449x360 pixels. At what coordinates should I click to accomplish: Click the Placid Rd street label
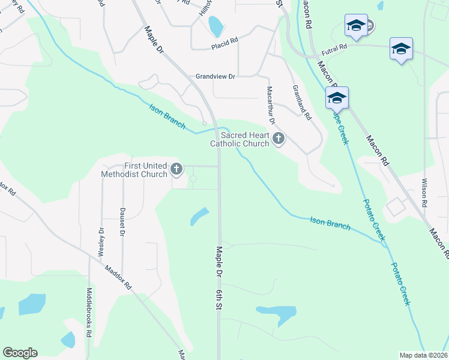224,46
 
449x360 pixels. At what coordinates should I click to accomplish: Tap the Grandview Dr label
215,76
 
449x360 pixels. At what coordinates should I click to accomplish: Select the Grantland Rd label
302,101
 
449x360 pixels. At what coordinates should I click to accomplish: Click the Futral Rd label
335,46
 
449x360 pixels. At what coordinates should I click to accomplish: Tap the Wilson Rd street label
424,192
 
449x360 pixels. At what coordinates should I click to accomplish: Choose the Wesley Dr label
101,242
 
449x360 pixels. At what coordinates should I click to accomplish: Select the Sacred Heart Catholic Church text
240,139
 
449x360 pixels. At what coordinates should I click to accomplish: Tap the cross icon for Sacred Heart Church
278,139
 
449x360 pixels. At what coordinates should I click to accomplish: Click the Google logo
20,353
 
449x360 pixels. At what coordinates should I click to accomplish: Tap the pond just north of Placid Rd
215,26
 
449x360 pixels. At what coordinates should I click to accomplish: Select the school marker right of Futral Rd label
400,49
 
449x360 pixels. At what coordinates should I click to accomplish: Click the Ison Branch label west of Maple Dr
167,115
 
